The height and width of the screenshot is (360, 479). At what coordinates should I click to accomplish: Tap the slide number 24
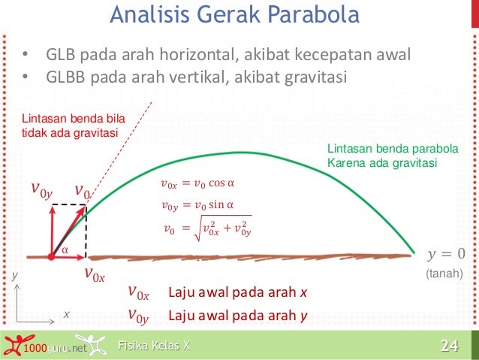(x=449, y=346)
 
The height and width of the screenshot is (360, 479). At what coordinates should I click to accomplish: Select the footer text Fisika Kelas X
(x=154, y=346)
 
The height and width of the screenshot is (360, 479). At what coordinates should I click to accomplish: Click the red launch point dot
(x=51, y=256)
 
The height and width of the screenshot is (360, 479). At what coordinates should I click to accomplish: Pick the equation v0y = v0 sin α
(x=198, y=204)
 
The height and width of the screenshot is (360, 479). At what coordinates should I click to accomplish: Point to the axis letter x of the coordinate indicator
(x=66, y=314)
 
